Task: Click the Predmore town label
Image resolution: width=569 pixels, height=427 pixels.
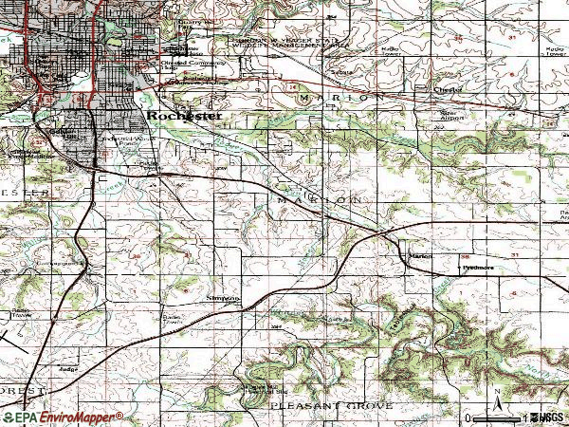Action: (478, 269)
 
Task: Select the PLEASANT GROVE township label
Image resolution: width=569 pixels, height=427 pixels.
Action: (330, 405)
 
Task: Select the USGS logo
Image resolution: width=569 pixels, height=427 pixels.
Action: (548, 418)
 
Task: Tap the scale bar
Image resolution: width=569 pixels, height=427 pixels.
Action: (493, 418)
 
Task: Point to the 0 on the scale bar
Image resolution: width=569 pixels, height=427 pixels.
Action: (469, 418)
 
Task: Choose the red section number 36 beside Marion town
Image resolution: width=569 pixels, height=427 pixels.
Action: (465, 256)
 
